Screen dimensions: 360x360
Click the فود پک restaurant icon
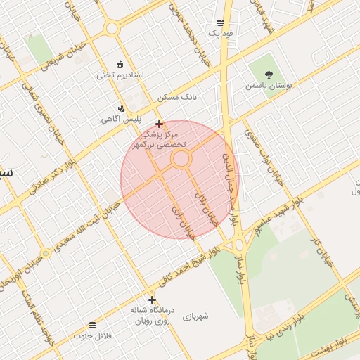[221, 22]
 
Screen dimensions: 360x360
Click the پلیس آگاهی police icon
[122, 108]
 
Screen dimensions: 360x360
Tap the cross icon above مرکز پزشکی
[160, 124]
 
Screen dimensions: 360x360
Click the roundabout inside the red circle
[181, 159]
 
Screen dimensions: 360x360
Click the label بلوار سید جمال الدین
[232, 179]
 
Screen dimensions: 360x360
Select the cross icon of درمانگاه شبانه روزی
[152, 300]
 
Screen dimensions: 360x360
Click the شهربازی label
[196, 316]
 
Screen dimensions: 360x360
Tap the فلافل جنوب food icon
[92, 324]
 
